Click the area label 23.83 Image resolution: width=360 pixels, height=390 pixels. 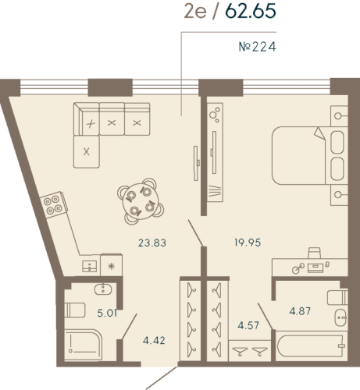[151, 243]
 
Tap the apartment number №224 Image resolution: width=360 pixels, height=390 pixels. [257, 46]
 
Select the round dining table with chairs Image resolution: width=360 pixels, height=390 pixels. [139, 198]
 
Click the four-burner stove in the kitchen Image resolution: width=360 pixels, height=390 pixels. [55, 204]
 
